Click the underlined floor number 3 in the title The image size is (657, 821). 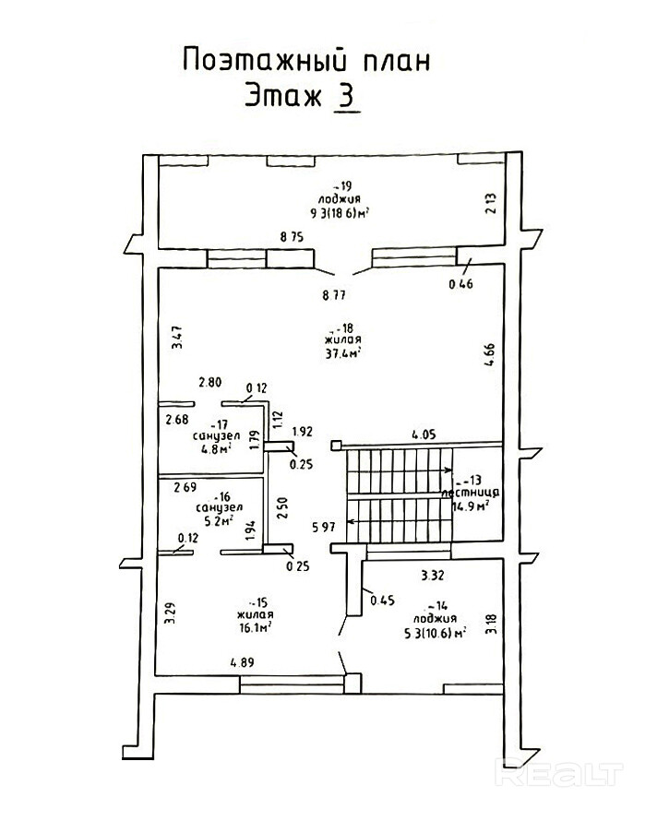pos(347,96)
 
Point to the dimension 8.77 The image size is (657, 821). pos(334,295)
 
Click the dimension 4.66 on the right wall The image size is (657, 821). pos(491,356)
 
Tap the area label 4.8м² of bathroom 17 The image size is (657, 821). pos(216,450)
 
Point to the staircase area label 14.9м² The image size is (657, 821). pos(470,506)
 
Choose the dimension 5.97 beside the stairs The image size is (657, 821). pos(323,527)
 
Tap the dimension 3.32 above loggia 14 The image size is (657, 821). pos(433,576)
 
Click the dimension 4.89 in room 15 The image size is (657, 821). pos(244,661)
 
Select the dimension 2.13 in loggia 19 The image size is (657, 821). pos(491,201)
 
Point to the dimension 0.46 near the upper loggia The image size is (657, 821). pos(460,284)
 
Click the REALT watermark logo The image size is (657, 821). pos(559,770)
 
